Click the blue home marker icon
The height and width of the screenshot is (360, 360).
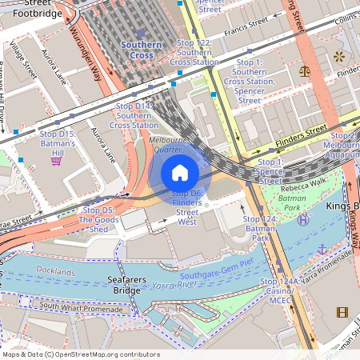180,172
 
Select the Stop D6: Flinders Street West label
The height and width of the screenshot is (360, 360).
187,208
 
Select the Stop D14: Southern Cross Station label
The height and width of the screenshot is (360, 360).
134,115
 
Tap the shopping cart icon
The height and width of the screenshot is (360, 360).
56,160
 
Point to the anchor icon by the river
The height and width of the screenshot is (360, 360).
322,249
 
